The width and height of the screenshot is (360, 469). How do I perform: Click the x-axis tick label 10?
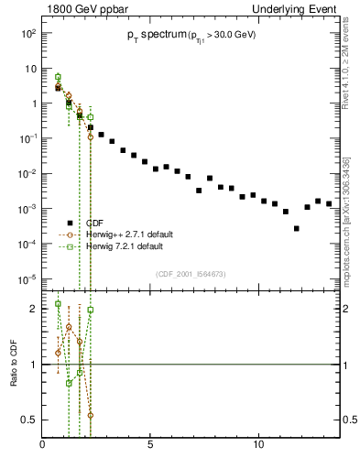(259, 446)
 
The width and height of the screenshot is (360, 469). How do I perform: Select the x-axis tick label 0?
(43, 446)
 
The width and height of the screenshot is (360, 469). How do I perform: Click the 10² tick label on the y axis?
(27, 33)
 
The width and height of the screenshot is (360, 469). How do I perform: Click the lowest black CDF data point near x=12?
(296, 228)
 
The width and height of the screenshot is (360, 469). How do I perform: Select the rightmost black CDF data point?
(329, 203)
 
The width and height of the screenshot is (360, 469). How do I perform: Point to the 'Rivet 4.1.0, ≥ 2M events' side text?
(353, 73)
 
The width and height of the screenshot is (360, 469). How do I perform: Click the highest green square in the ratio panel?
(58, 303)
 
